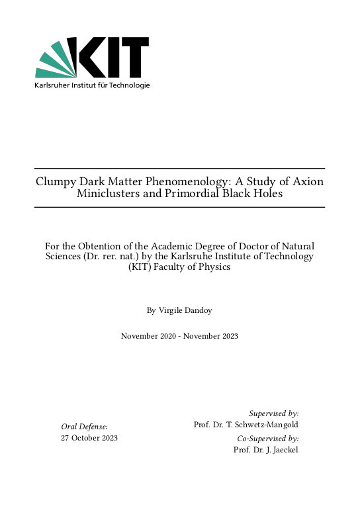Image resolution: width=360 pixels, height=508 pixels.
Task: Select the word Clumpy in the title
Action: [55, 181]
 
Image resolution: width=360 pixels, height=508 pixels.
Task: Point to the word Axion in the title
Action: [308, 181]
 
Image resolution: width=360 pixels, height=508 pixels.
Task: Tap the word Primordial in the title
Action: [199, 194]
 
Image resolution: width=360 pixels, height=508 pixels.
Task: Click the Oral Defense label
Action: [84, 427]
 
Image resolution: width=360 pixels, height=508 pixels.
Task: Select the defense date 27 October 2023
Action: [89, 439]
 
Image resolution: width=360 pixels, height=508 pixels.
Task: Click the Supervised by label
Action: [274, 413]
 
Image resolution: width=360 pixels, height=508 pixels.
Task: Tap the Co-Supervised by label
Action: [268, 439]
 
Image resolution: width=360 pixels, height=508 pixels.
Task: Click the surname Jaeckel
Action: [285, 450]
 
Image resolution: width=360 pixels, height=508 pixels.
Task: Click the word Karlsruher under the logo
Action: [53, 85]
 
